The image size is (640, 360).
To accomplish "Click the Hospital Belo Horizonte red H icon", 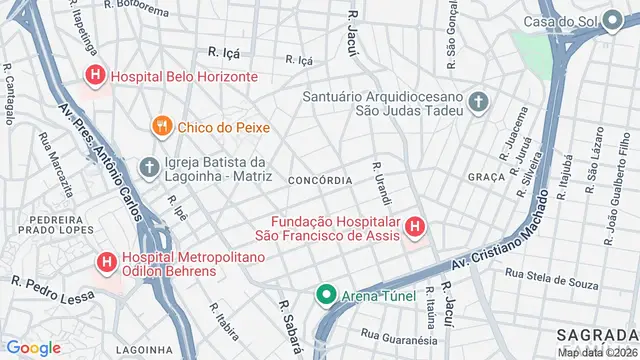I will point(95,75).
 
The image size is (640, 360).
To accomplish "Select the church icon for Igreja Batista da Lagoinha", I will point(149,167).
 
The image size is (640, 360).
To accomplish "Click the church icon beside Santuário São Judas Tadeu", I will point(479,101).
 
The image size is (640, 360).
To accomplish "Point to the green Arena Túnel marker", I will point(325,294).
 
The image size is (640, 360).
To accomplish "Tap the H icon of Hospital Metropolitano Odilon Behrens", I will point(105,262).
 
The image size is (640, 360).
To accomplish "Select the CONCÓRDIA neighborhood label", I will point(319,180).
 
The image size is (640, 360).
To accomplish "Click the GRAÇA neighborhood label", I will point(486,176).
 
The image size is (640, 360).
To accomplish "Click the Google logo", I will point(33,347).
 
